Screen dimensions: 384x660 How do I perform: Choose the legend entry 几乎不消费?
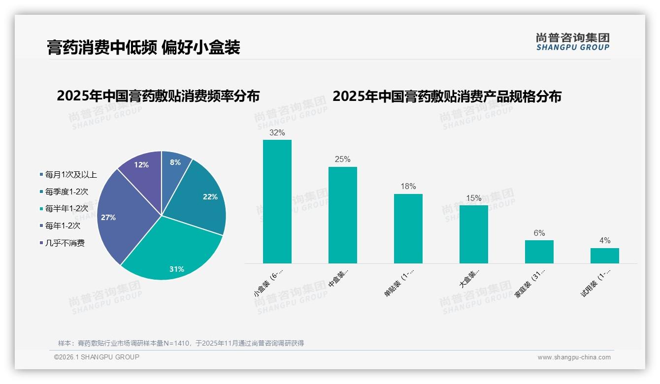pyautogui.click(x=65, y=243)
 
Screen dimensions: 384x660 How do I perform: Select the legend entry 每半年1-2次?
pyautogui.click(x=66, y=209)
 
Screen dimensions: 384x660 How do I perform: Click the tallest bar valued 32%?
pyautogui.click(x=277, y=201)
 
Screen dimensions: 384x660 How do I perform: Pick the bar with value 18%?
pyautogui.click(x=408, y=228)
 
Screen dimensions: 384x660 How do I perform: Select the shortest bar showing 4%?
pyautogui.click(x=605, y=256)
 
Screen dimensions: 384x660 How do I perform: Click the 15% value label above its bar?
pyautogui.click(x=474, y=198)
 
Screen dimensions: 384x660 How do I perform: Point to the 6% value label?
pyautogui.click(x=539, y=233)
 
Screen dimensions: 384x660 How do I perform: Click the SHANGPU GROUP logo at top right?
pyautogui.click(x=573, y=42)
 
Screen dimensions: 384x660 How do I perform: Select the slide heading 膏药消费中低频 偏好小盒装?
pyautogui.click(x=143, y=47)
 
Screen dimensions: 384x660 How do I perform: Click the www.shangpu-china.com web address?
pyautogui.click(x=574, y=357)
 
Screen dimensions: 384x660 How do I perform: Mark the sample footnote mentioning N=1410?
pyautogui.click(x=181, y=343)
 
